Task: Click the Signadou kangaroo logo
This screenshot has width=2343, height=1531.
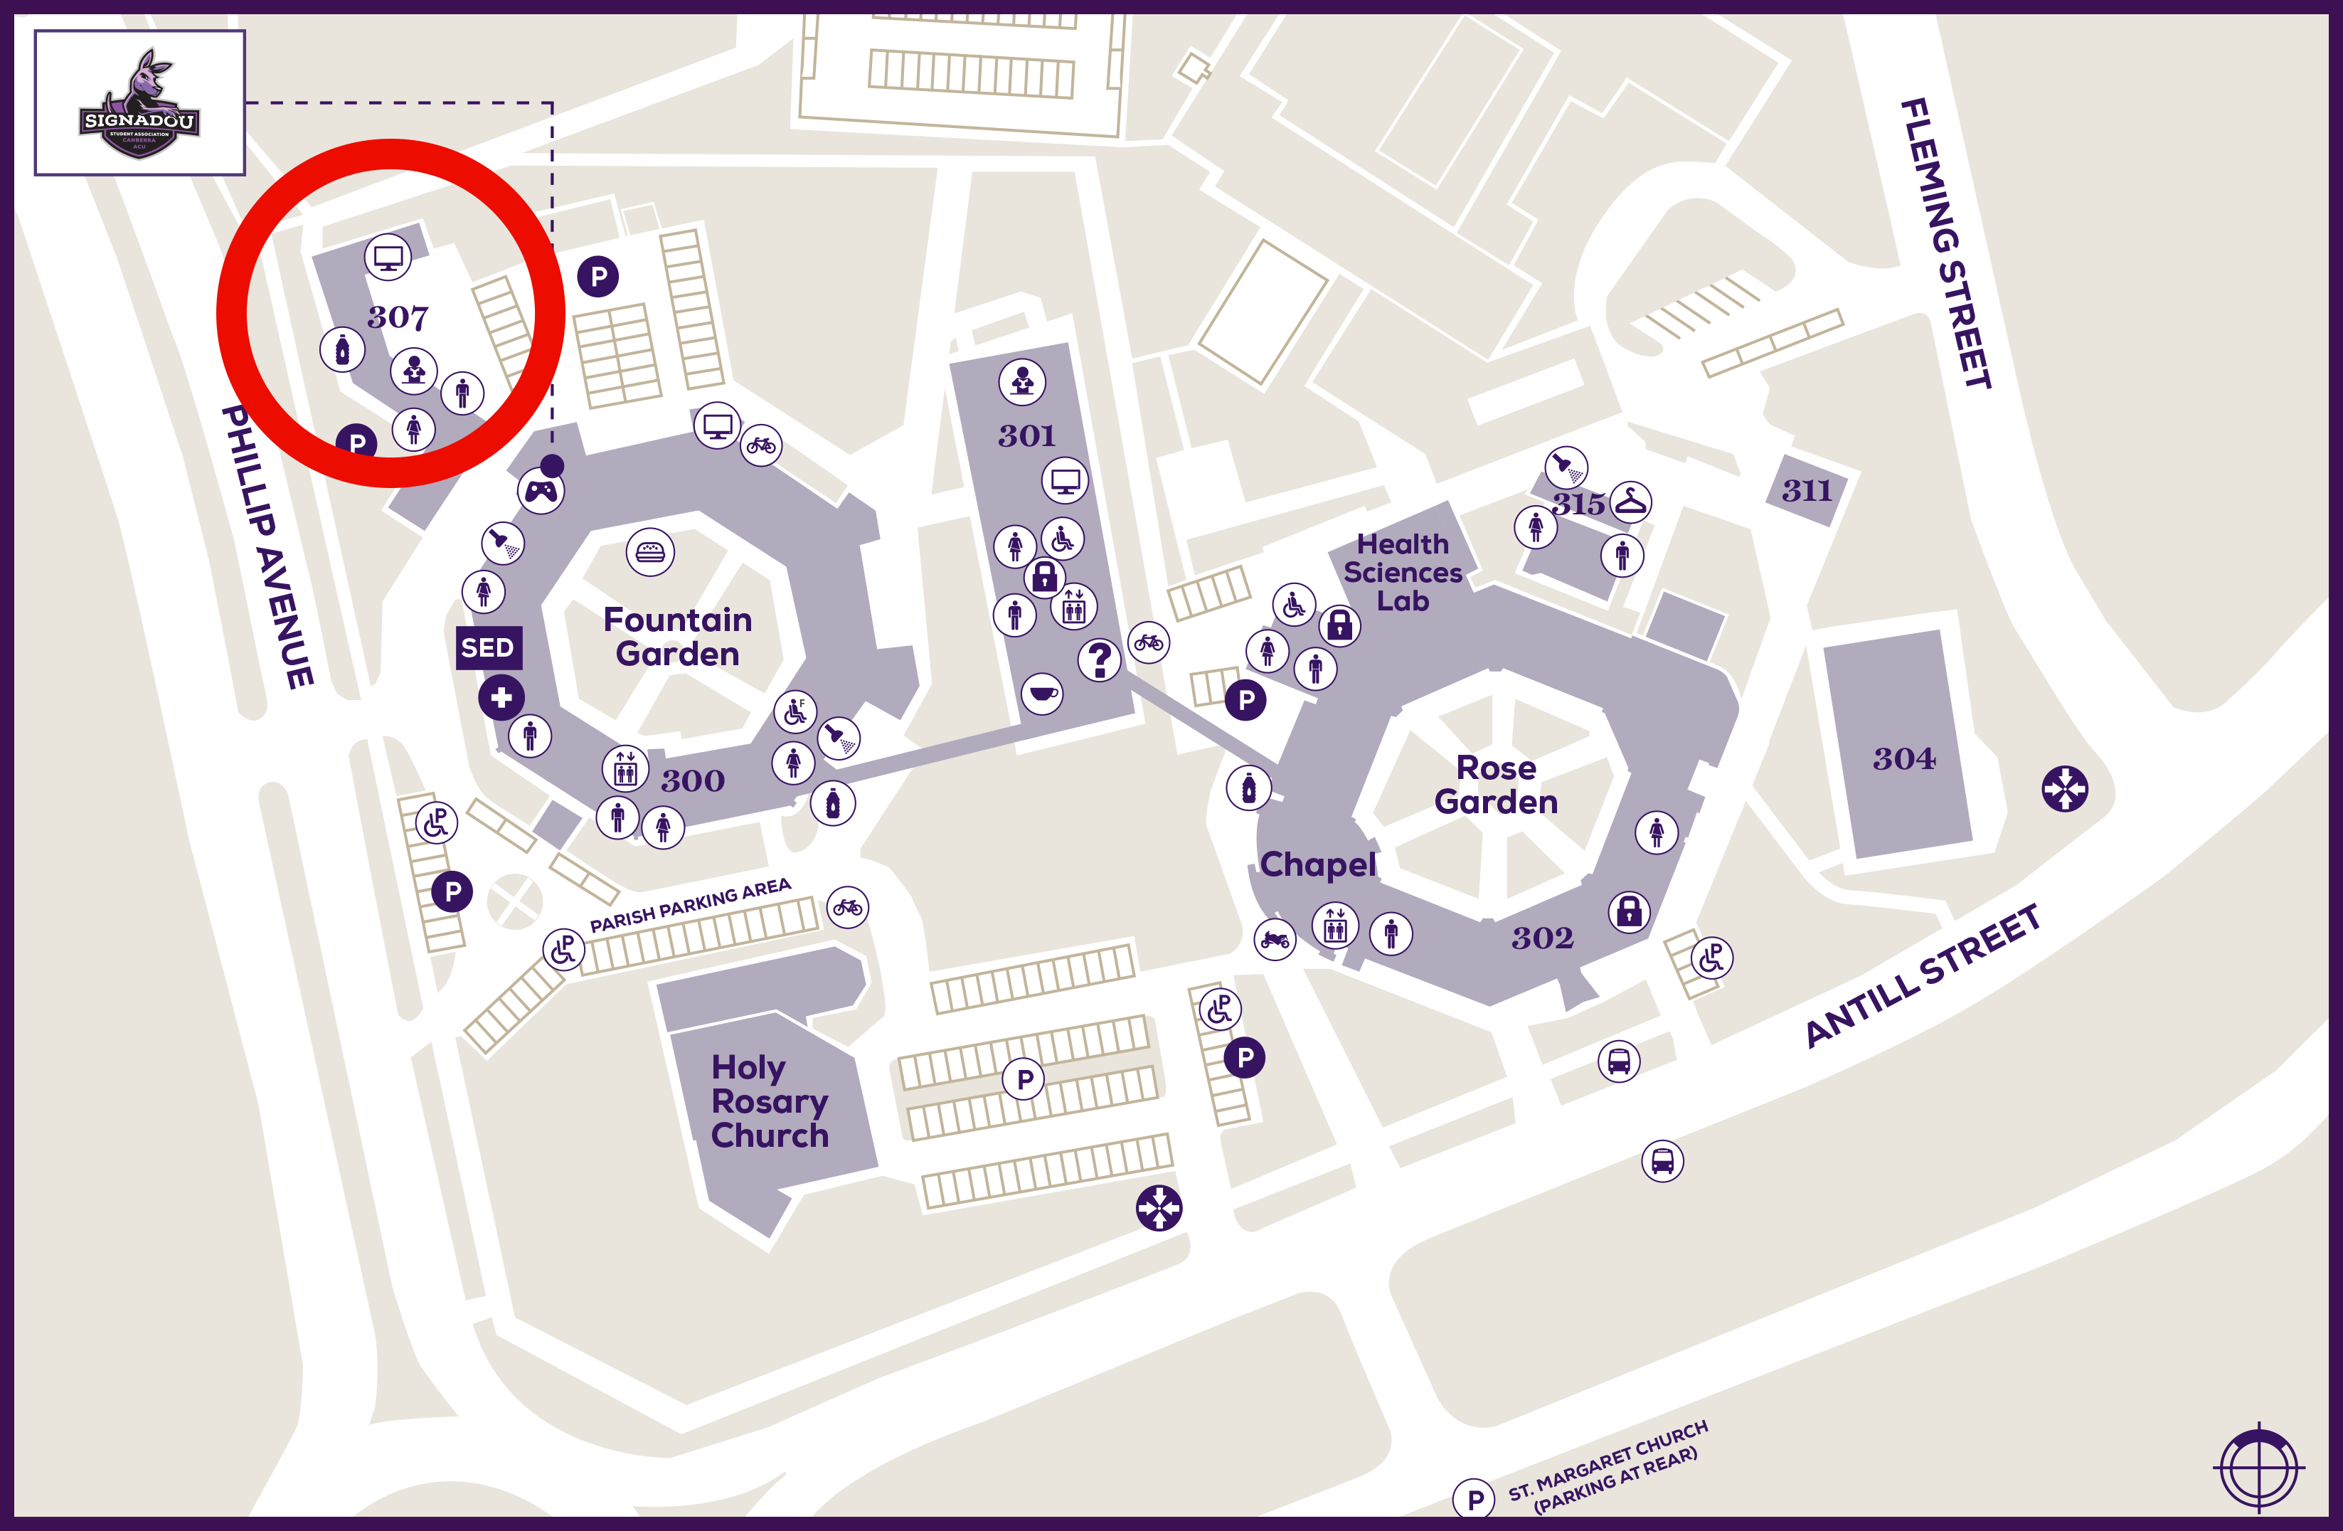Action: [140, 103]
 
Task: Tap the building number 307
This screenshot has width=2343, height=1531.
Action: [398, 317]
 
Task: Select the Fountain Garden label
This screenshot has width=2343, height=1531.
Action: [677, 636]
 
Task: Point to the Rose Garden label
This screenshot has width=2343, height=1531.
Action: [1495, 785]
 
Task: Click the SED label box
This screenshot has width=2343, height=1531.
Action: [487, 648]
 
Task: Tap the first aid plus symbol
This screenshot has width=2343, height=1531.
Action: [501, 698]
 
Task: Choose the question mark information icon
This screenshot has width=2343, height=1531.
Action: [1100, 659]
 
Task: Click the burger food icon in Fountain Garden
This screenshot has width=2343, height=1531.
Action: [649, 552]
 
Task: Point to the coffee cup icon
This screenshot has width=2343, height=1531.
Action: [1041, 693]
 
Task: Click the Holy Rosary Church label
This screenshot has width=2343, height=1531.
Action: [769, 1101]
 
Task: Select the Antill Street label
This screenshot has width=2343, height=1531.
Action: [1923, 975]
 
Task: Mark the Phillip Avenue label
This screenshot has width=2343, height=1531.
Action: [267, 546]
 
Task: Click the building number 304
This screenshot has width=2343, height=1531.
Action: [1903, 758]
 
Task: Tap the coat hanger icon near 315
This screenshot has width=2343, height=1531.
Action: [1630, 502]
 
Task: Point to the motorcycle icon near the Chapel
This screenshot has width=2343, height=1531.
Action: [1275, 939]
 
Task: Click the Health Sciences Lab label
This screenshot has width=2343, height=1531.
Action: [1403, 572]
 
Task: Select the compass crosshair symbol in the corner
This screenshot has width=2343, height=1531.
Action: [2258, 1468]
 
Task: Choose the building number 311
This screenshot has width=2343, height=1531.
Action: [1807, 490]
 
